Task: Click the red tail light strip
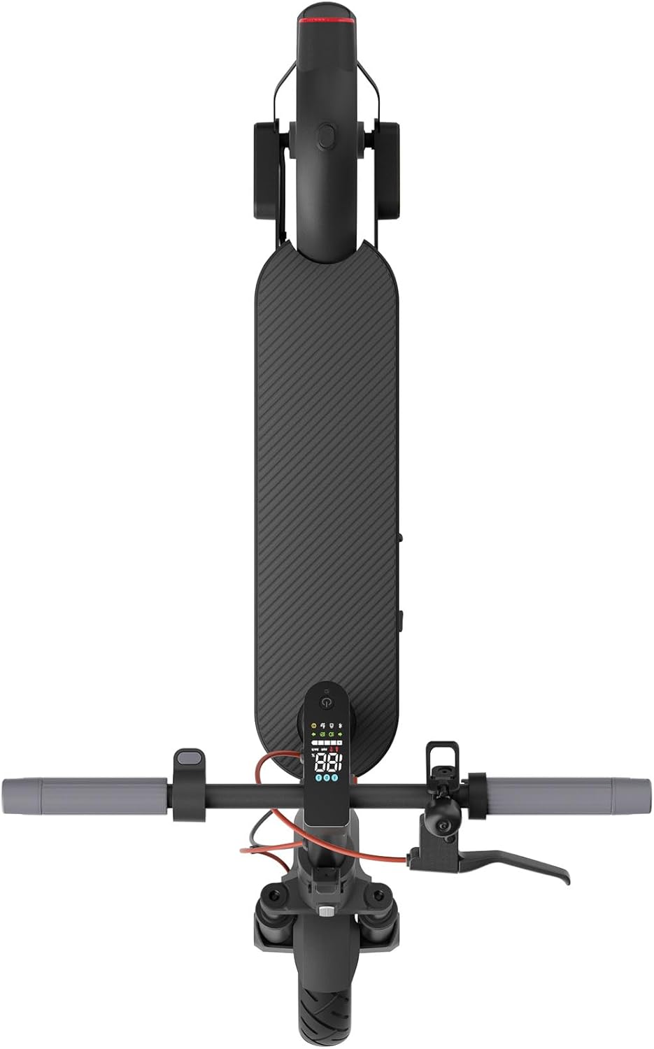(327, 21)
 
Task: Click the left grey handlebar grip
(84, 791)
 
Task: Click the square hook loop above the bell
(442, 755)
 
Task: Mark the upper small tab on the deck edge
(401, 538)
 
